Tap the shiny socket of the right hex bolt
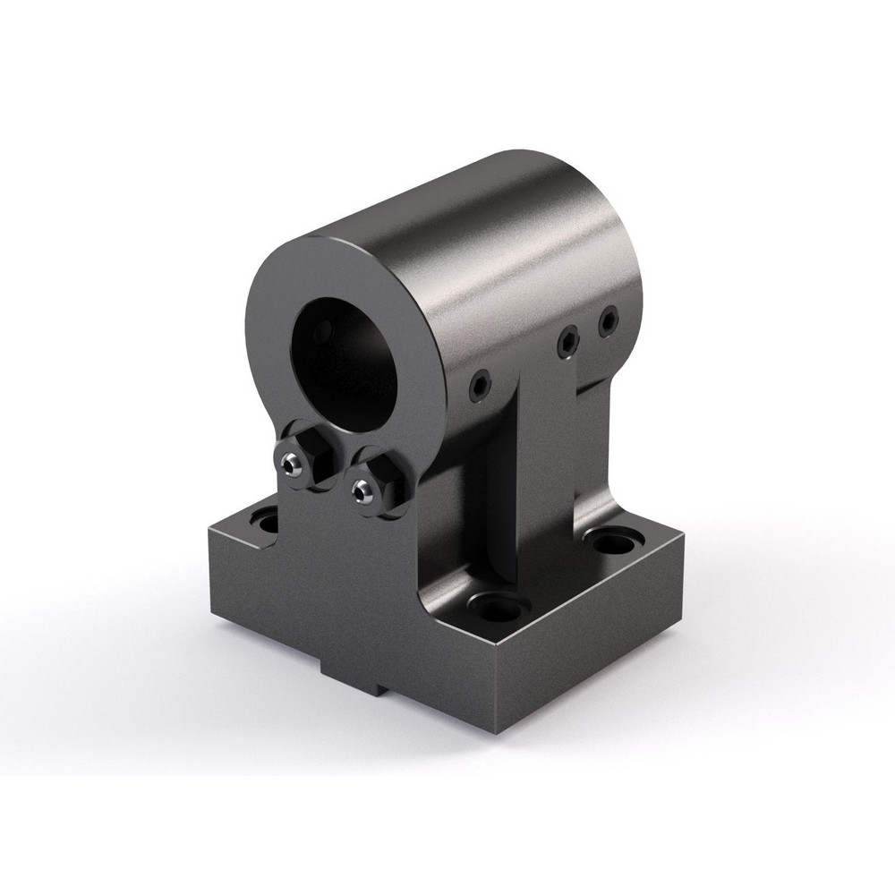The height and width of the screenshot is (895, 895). point(361,490)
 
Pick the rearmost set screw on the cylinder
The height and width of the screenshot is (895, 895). point(609,319)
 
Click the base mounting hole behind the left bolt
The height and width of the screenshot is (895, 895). point(266,519)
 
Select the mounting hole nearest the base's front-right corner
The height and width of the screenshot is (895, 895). point(499,608)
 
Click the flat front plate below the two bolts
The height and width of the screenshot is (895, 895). point(358,573)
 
